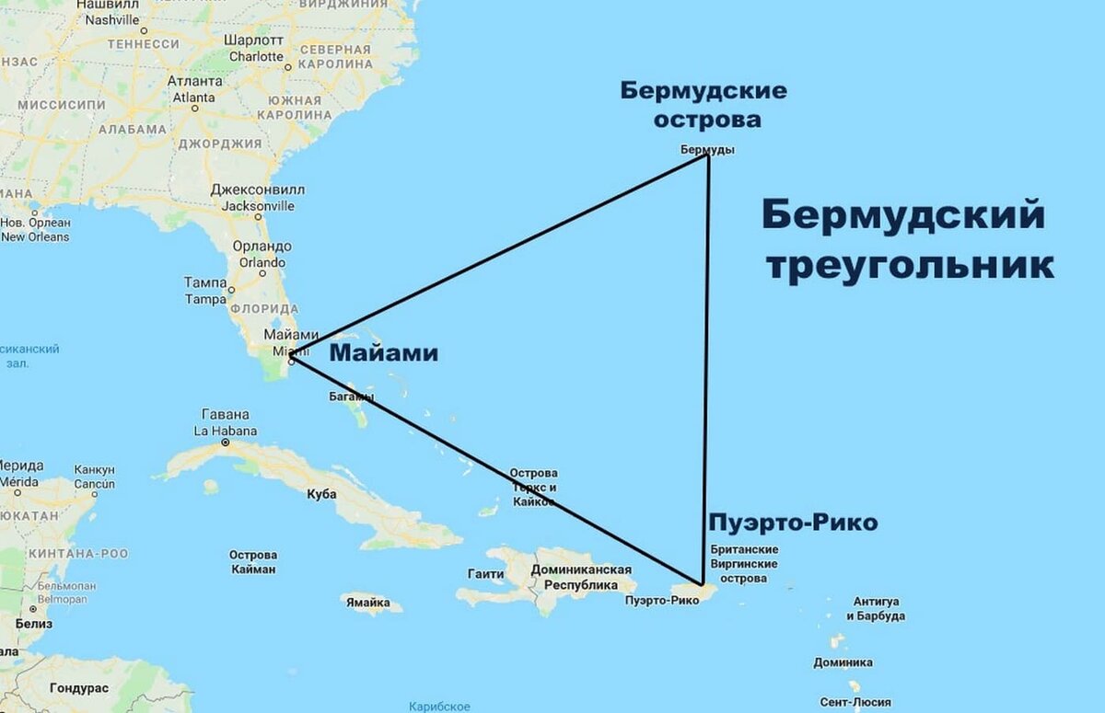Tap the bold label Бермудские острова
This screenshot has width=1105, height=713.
coord(704,105)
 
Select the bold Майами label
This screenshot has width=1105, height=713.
coord(383,353)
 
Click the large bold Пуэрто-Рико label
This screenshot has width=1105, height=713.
coord(792,523)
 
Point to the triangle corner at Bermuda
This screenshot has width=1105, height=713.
coord(707,155)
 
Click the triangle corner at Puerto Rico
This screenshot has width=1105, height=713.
coord(703,584)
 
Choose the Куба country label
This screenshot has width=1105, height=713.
coord(321,494)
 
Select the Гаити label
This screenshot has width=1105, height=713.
coord(485,574)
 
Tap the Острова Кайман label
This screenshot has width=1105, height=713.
coord(252,562)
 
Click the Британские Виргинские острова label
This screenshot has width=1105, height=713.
coord(744,564)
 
